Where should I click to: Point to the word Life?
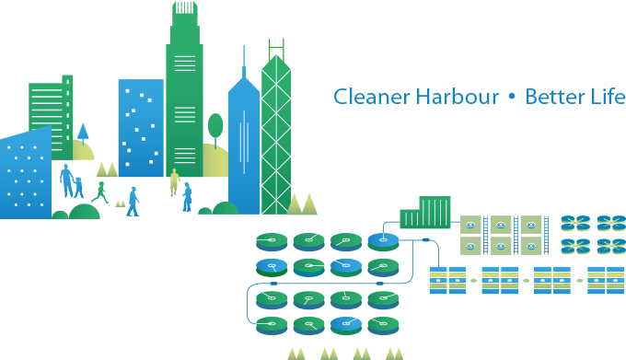609,97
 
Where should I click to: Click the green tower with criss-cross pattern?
275,129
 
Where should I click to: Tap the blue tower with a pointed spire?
243,138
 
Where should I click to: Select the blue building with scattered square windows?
141,124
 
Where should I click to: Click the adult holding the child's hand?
66,181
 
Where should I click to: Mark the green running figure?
99,192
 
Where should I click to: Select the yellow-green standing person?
173,181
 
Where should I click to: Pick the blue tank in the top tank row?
383,242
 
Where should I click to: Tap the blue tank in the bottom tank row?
345,325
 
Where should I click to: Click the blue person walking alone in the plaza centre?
133,201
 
